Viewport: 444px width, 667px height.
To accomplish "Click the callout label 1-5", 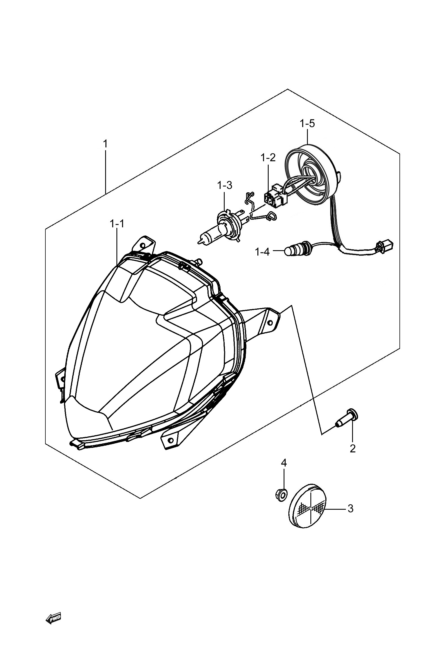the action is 307,124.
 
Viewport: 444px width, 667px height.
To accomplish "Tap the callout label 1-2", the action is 268,157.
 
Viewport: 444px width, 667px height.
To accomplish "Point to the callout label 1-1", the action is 117,224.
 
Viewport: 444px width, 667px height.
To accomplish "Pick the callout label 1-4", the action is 262,252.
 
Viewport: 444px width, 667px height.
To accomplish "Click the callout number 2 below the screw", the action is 353,448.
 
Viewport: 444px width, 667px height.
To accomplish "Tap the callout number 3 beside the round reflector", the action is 351,509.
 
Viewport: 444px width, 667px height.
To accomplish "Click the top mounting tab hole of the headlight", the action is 143,245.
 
